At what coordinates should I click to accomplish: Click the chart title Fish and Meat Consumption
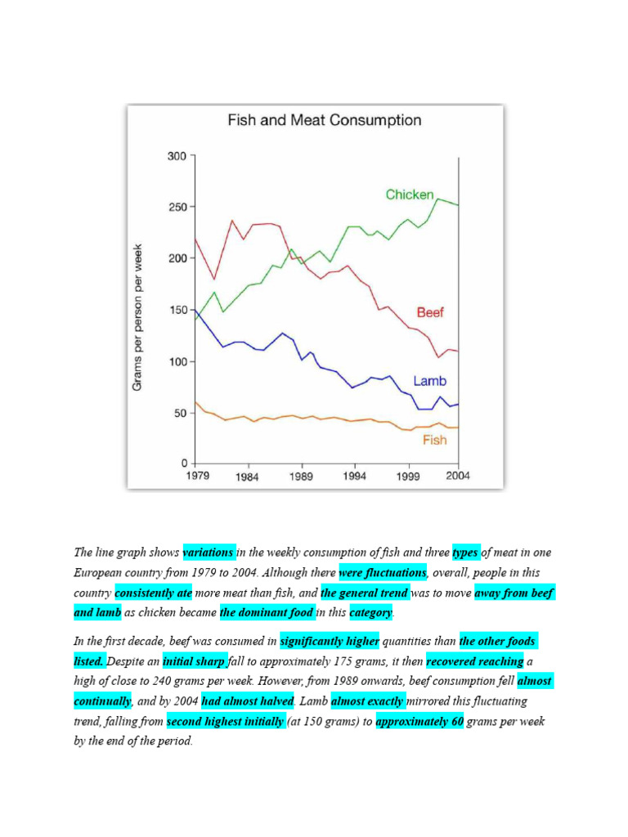click(324, 121)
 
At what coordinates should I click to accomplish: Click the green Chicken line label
click(410, 195)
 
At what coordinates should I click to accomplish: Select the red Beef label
click(430, 312)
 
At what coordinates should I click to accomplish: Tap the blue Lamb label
click(429, 381)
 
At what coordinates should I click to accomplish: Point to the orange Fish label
click(435, 440)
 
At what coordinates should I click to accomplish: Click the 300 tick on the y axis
click(177, 155)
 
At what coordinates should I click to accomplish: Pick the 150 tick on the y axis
click(177, 310)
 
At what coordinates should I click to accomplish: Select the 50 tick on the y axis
click(180, 413)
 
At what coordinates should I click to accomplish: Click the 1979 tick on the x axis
click(196, 476)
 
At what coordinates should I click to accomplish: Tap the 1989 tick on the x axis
click(302, 476)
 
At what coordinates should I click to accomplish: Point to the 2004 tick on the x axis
click(458, 476)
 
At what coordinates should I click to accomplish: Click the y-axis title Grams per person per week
click(138, 316)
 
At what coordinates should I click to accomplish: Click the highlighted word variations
click(209, 553)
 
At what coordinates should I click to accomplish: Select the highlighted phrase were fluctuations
click(383, 573)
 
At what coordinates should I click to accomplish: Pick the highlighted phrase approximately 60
click(419, 722)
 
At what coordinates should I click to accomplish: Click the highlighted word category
click(371, 613)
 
